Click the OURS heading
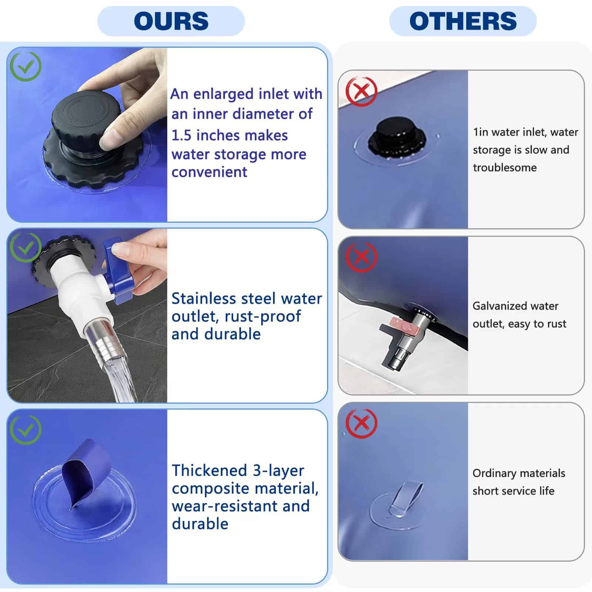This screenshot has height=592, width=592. pyautogui.click(x=171, y=21)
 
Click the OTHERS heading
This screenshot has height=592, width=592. pyautogui.click(x=463, y=21)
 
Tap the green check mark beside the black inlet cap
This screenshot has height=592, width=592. pyautogui.click(x=25, y=66)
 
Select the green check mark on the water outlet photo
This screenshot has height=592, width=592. pyautogui.click(x=25, y=247)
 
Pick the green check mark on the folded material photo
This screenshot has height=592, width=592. pyautogui.click(x=25, y=430)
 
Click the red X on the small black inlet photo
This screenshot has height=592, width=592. pyautogui.click(x=361, y=91)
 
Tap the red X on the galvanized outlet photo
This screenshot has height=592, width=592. pyautogui.click(x=361, y=257)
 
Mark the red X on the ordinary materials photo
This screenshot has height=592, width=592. pyautogui.click(x=361, y=423)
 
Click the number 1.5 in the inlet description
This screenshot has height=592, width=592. pyautogui.click(x=181, y=135)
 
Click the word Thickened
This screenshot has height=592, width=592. pyautogui.click(x=209, y=470)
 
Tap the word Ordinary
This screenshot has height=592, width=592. pyautogui.click(x=494, y=473)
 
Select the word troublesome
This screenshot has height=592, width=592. pyautogui.click(x=505, y=168)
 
